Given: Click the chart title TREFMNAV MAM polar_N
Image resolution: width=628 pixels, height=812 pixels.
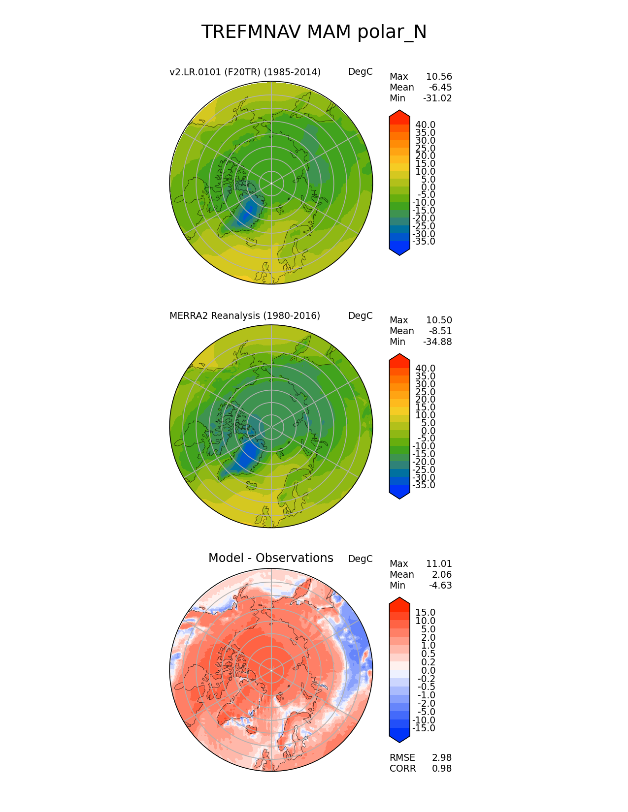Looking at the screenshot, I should [x=314, y=32].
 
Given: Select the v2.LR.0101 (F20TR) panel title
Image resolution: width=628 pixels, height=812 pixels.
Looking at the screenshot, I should [x=245, y=72].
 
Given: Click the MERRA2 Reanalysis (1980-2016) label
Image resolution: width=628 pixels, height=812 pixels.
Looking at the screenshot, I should [x=244, y=316].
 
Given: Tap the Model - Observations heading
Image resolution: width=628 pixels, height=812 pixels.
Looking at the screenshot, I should [x=270, y=558].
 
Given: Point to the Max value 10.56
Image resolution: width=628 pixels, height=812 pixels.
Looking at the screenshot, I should [x=439, y=77].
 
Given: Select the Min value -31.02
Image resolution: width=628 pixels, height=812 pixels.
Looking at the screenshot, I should [x=437, y=98].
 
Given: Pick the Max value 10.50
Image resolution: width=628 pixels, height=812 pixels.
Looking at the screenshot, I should [x=439, y=320].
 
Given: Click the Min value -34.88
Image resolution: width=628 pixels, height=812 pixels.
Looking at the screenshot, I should [x=437, y=342].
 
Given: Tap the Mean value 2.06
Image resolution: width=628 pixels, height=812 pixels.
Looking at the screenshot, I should [x=442, y=575].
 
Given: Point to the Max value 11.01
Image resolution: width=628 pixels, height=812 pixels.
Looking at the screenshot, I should [x=439, y=564].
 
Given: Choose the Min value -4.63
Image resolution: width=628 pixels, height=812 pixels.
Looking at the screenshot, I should [x=440, y=586].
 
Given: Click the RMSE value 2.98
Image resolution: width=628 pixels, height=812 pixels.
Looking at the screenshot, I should [x=442, y=758].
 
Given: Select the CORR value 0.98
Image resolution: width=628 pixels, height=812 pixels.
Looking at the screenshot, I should [x=442, y=769].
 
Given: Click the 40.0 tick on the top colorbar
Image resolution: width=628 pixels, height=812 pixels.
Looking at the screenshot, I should [x=425, y=125].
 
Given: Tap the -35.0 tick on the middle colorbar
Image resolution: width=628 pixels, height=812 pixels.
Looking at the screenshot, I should [x=424, y=485].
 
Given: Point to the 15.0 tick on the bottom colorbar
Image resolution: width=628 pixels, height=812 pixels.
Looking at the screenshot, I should [x=425, y=613].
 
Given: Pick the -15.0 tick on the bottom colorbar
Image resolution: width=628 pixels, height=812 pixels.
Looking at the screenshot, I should [x=424, y=728].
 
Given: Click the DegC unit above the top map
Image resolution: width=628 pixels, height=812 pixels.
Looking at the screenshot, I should [x=360, y=72].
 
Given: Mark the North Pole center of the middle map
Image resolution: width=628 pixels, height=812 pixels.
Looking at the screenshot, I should [x=271, y=427].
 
